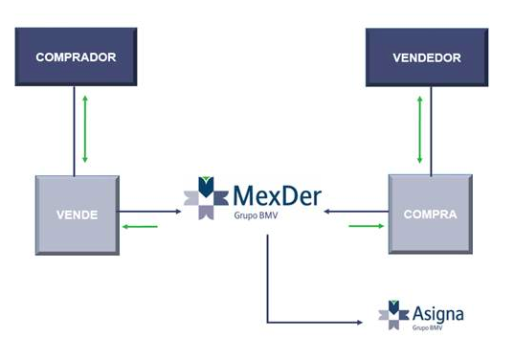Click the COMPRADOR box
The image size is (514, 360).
(x=76, y=57)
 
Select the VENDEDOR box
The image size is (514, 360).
(x=426, y=57)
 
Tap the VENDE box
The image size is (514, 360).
(x=78, y=214)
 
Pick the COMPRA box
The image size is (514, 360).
(x=430, y=214)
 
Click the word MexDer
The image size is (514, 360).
(x=278, y=196)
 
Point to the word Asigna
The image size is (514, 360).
(x=438, y=313)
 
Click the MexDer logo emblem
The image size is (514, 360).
(x=206, y=198)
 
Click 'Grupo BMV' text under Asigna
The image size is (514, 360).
(x=427, y=328)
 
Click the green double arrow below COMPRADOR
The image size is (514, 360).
(x=86, y=130)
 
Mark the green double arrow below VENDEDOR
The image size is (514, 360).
(x=419, y=130)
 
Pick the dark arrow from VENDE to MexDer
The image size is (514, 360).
(x=150, y=212)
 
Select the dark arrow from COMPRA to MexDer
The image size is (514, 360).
(x=355, y=212)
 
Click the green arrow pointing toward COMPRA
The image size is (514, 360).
(x=365, y=227)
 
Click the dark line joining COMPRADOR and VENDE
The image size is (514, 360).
(x=74, y=130)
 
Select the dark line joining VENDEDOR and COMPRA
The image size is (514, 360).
(x=431, y=130)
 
